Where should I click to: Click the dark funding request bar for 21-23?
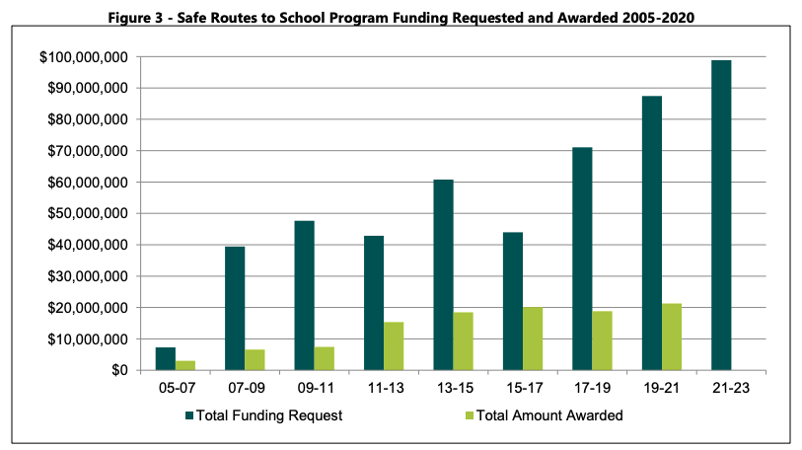click(x=721, y=215)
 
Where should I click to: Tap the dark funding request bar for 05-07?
click(x=165, y=358)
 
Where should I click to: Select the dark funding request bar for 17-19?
click(x=582, y=259)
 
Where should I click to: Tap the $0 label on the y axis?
click(x=115, y=370)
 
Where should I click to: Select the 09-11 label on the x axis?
click(x=314, y=389)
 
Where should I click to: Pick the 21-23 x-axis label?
click(x=731, y=389)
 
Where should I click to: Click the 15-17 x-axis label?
click(x=522, y=389)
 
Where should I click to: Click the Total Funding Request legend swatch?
click(x=188, y=415)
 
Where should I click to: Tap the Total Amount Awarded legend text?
click(x=549, y=415)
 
